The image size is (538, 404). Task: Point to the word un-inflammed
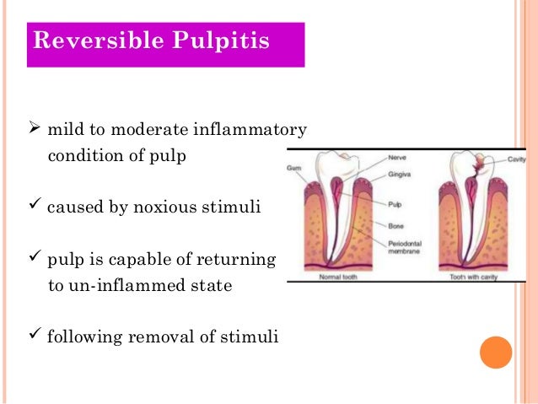119,286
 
